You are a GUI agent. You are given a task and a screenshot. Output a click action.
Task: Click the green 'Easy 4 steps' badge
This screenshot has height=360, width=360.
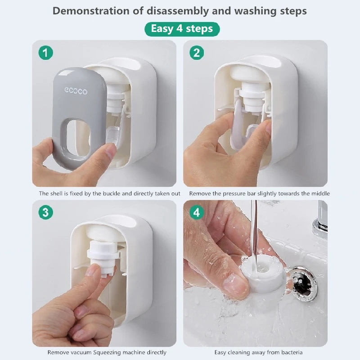182,29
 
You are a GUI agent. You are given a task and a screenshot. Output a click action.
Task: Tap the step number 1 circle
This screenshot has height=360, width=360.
45,53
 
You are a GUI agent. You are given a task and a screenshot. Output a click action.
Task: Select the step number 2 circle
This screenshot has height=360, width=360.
196,53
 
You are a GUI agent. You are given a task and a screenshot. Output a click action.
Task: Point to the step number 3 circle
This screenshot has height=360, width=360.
45,212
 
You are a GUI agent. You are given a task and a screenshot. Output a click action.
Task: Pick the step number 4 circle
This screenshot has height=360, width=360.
196,212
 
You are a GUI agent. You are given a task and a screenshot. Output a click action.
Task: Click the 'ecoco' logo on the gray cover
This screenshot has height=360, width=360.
76,91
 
